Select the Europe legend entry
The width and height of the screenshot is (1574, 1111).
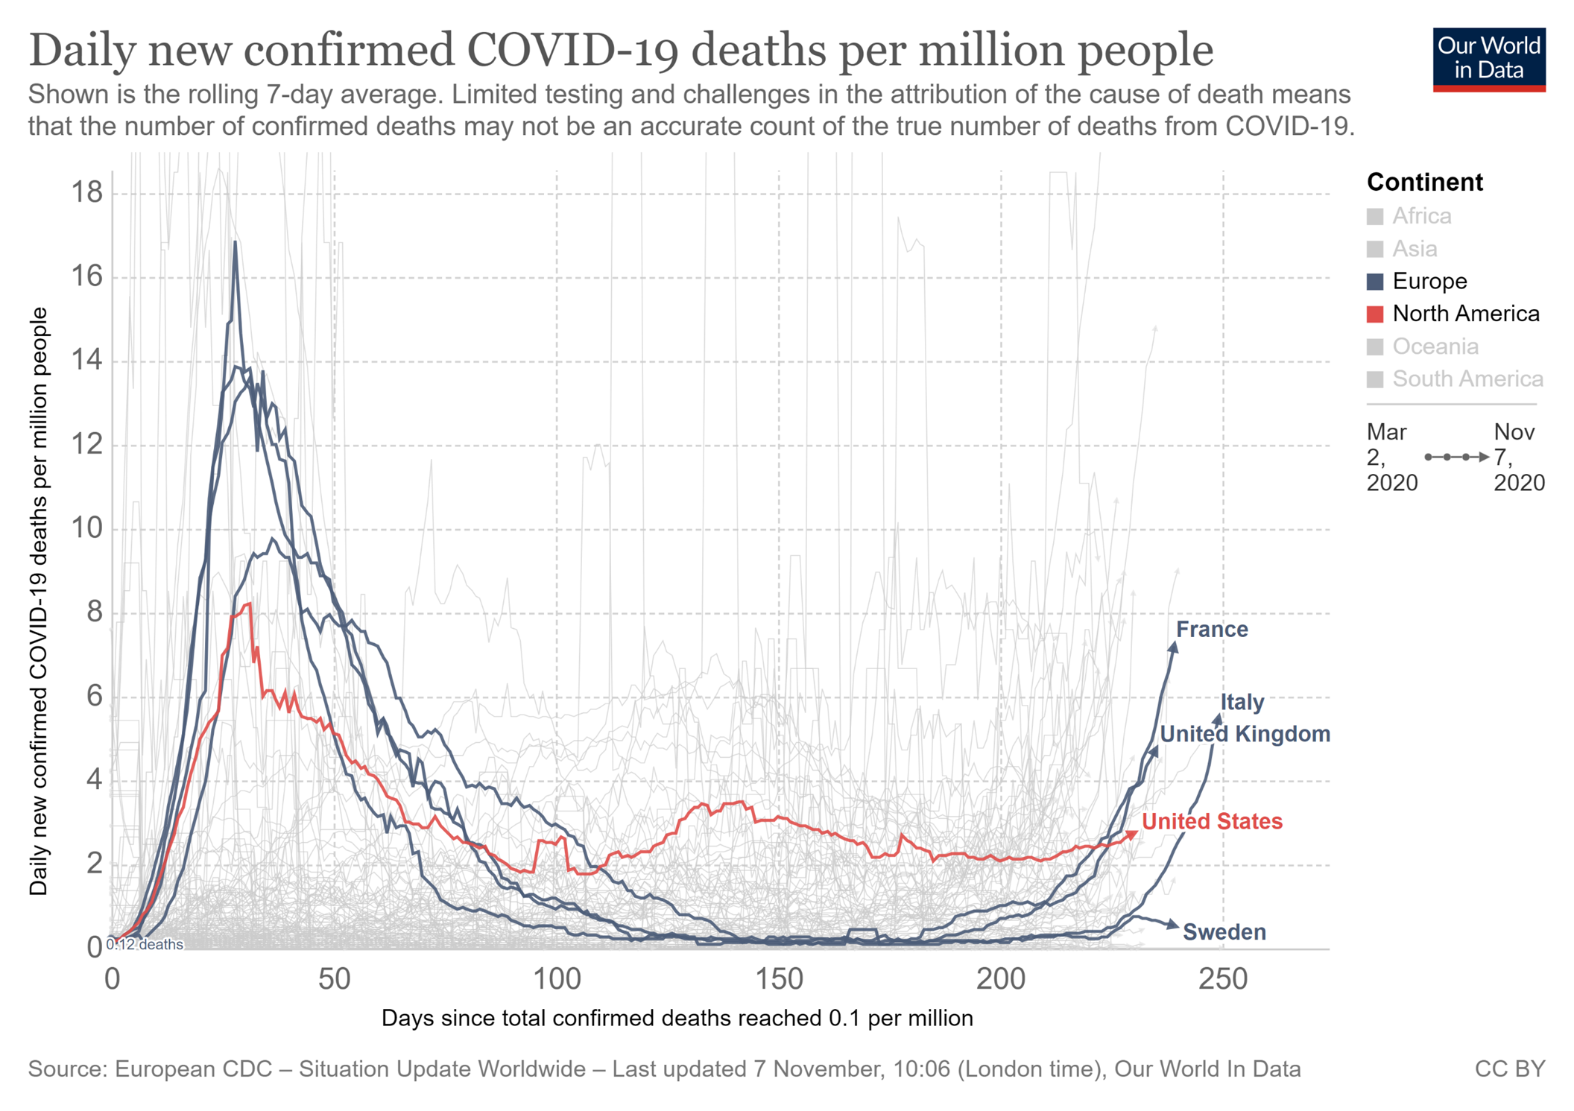[x=1429, y=281]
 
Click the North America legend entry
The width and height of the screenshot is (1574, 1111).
[x=1465, y=314]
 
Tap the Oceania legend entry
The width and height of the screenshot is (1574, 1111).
[x=1435, y=346]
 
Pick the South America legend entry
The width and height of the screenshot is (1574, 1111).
[x=1467, y=379]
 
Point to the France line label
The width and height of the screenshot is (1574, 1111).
[x=1212, y=630]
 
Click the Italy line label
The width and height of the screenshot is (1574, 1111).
[x=1242, y=702]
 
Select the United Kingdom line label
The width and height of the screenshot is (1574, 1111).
[x=1245, y=734]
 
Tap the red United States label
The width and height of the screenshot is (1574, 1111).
[x=1212, y=821]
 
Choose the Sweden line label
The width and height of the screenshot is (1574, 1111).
[x=1224, y=932]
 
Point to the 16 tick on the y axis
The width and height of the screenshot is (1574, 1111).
[x=87, y=277]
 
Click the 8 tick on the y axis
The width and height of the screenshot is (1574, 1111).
[x=95, y=613]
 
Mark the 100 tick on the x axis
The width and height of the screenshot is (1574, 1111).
[x=557, y=979]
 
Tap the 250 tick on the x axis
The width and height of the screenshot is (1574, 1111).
[x=1222, y=979]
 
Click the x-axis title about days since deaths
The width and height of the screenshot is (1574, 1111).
[x=677, y=1018]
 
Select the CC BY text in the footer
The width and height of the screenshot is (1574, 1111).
[x=1509, y=1069]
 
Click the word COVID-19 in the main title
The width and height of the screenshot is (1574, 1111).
[x=572, y=51]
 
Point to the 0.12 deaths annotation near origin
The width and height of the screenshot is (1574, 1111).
[x=145, y=944]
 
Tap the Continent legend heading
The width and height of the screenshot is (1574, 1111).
[x=1424, y=183]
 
